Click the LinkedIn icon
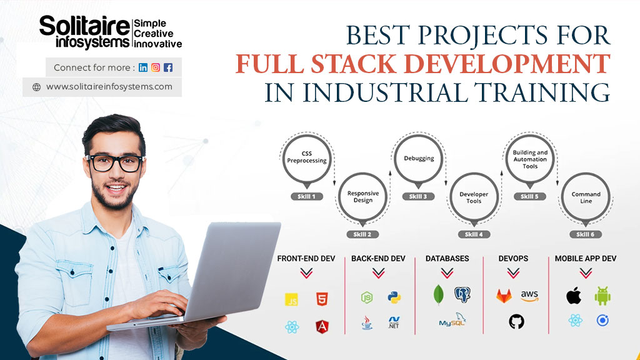[x=143, y=67]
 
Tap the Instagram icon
[x=156, y=67]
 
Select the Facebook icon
[x=168, y=67]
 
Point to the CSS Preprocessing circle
[x=307, y=157]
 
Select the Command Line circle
[x=586, y=197]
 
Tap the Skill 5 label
[x=530, y=196]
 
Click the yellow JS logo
[x=291, y=299]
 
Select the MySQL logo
[x=452, y=321]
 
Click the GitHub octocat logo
[x=516, y=322]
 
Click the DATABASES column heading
[x=447, y=258]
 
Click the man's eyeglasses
[x=115, y=163]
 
